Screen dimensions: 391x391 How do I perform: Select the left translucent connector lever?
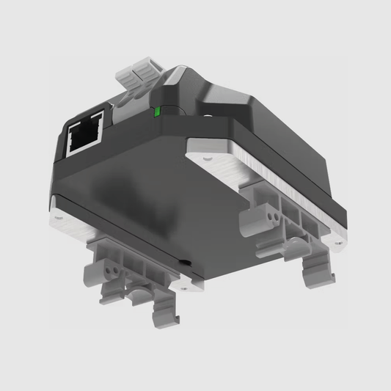tap(126, 76)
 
